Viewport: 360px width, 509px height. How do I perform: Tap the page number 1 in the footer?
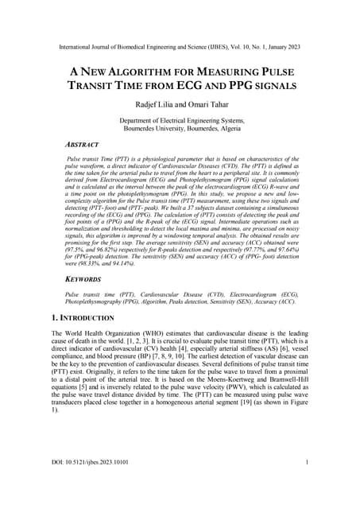tap(307, 484)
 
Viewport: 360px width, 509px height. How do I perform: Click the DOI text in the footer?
tap(88, 484)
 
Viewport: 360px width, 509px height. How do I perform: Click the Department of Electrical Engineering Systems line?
tap(180, 120)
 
